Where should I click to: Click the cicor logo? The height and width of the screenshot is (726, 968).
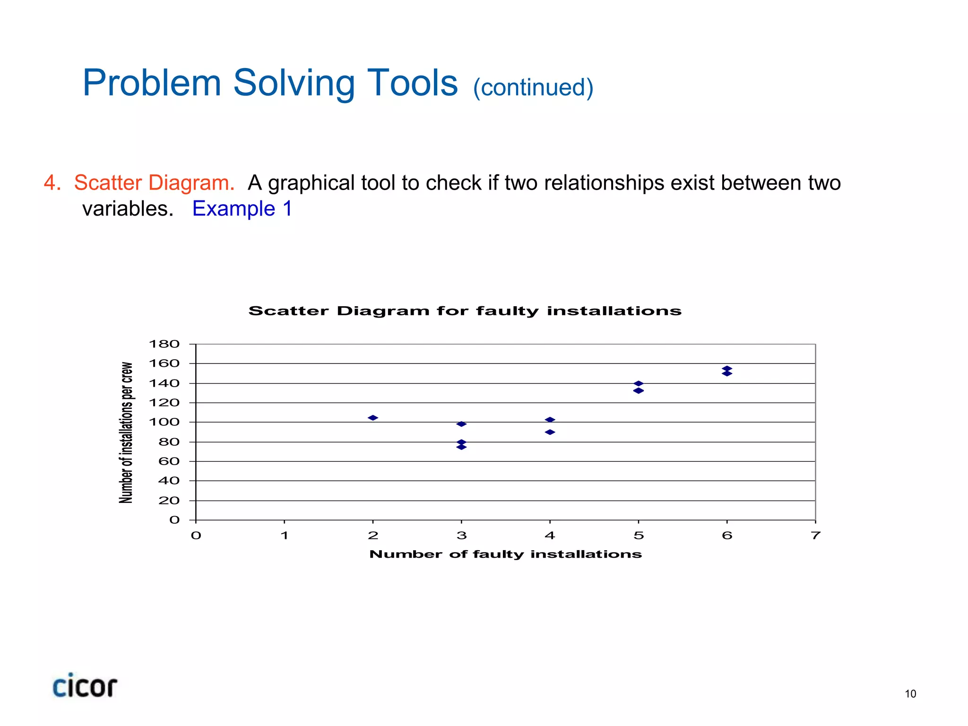(x=85, y=686)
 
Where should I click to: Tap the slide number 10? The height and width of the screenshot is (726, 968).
(x=910, y=694)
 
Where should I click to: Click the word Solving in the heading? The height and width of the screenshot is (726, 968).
(x=294, y=83)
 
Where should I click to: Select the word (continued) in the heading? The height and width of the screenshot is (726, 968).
(x=533, y=87)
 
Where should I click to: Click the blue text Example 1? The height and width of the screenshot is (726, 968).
(x=242, y=208)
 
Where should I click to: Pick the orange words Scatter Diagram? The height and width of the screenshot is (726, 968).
(x=154, y=183)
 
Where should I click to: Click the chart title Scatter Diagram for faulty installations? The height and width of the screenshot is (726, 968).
(x=465, y=311)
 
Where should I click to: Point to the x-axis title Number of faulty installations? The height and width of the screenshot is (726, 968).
(x=505, y=554)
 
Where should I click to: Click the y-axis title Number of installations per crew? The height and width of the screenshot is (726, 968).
(x=126, y=432)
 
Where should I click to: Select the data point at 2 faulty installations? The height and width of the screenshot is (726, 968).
(x=373, y=418)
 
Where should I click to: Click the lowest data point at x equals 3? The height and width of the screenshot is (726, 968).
(x=462, y=447)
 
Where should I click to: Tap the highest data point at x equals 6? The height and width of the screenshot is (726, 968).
(x=727, y=368)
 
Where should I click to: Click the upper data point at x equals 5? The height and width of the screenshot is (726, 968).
(x=639, y=383)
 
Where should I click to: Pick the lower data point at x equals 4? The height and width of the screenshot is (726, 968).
(x=550, y=432)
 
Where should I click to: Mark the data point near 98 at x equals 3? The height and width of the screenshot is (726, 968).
(x=462, y=424)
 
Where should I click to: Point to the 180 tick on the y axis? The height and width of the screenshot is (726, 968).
(x=164, y=344)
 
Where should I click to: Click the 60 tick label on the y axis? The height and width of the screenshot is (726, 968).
(x=169, y=461)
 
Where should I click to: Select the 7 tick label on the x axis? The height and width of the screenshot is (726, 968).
(x=815, y=536)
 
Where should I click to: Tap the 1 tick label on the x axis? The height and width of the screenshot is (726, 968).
(x=285, y=536)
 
